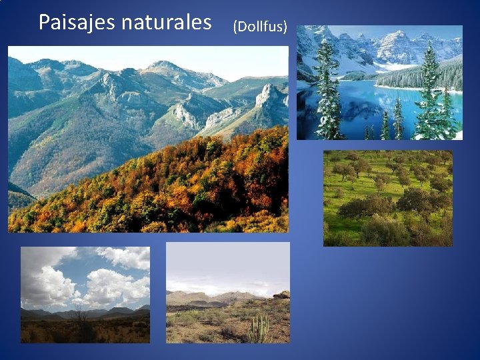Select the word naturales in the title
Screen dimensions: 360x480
166,23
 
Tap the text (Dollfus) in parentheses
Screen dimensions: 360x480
260,27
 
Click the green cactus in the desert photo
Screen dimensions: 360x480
259,328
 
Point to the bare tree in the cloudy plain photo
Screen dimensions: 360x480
82,320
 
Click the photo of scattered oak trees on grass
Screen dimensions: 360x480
387,198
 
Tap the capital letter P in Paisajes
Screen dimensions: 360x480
44,23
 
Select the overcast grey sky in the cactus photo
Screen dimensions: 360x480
227,263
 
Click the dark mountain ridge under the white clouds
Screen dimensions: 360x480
87,312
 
